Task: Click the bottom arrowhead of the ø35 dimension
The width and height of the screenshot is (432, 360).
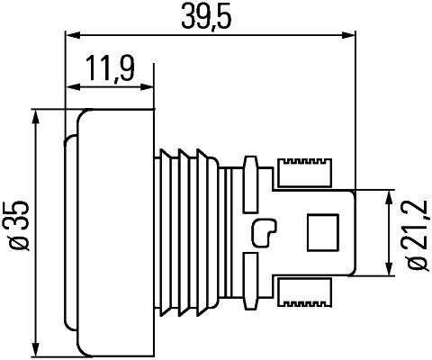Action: (34, 350)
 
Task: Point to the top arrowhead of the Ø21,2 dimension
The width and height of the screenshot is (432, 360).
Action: (390, 194)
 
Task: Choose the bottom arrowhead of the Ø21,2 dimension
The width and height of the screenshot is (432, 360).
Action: (390, 272)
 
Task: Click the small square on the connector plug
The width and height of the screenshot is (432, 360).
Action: (321, 232)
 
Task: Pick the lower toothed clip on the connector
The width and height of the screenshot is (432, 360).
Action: (305, 291)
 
